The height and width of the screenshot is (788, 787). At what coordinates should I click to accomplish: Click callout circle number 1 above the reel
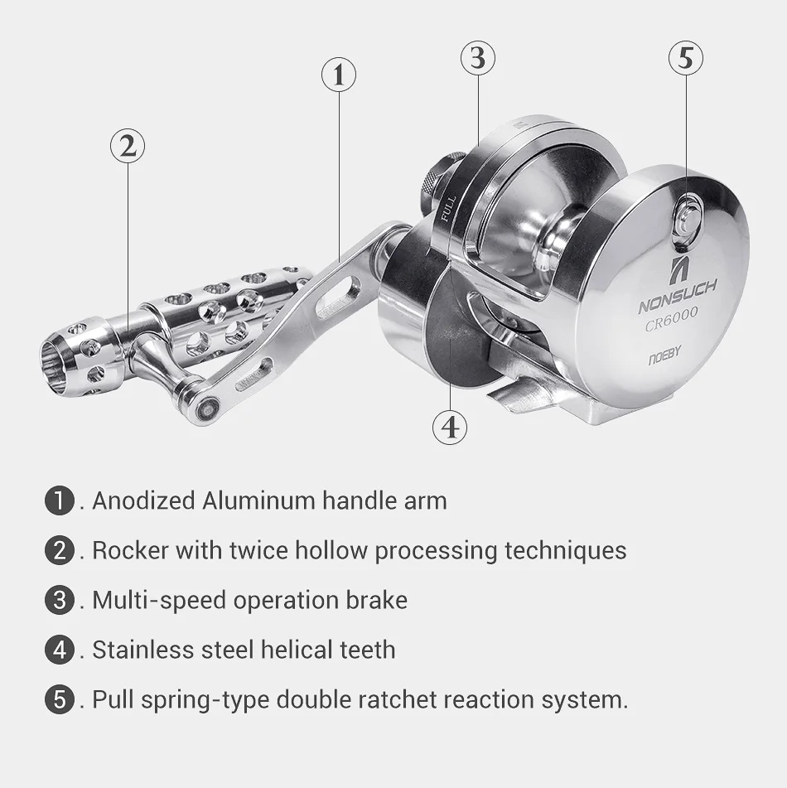338,75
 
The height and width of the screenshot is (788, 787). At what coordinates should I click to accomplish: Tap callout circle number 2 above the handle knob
128,146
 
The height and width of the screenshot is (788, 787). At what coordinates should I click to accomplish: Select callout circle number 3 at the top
477,58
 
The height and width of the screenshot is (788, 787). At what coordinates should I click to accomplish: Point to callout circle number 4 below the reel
450,427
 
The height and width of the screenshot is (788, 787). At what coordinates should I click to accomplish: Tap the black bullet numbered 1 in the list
60,500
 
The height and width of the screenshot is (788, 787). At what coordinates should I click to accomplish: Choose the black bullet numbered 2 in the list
60,550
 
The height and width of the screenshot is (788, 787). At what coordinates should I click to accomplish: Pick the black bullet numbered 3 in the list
60,600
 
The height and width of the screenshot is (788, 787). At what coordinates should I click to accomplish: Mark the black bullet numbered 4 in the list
60,650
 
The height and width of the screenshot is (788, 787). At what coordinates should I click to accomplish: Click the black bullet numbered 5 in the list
60,699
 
